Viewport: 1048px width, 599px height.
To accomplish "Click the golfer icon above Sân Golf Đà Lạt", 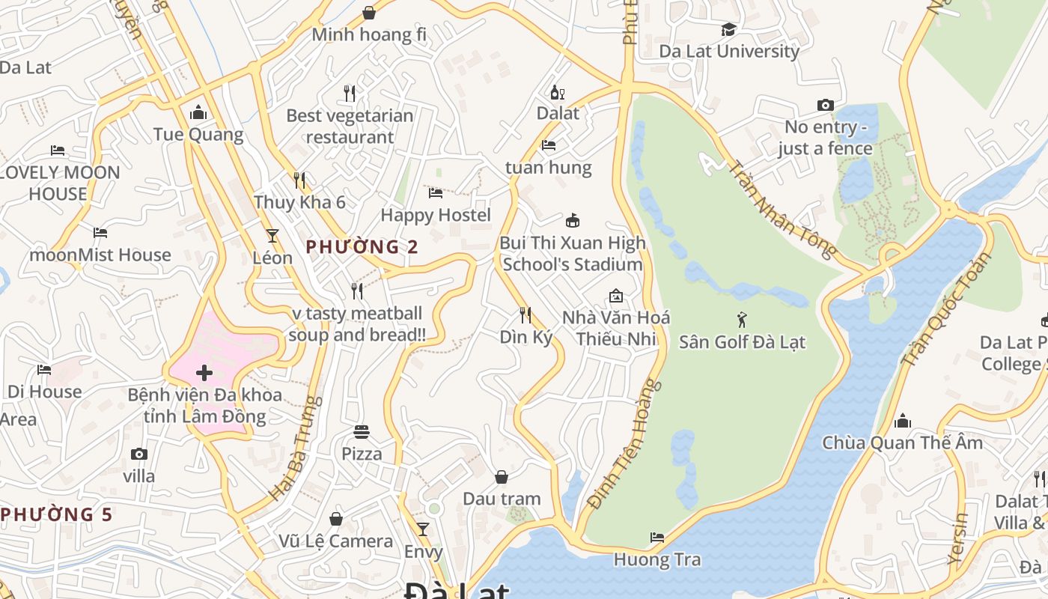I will pos(742,320).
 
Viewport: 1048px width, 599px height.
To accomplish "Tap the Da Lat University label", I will pos(729,51).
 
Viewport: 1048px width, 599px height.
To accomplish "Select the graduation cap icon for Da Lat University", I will pos(728,29).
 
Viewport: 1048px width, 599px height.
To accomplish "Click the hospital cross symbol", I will pos(204,373).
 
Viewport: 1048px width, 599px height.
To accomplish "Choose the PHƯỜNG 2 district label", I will pos(362,246).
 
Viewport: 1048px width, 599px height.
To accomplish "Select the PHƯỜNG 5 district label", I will pos(57,514).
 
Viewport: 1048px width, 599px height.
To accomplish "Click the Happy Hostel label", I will pos(436,215).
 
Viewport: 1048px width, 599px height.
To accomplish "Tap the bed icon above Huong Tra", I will pos(657,538).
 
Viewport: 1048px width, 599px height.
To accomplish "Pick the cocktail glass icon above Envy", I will pos(423,529).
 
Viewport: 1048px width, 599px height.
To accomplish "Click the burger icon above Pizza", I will pos(362,431).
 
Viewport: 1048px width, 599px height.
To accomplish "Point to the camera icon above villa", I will pos(138,454).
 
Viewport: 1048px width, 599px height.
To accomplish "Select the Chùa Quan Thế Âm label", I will pos(902,443).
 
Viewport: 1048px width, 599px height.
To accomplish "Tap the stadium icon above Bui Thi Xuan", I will pos(573,220).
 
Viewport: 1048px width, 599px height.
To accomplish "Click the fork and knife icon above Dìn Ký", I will pos(525,314).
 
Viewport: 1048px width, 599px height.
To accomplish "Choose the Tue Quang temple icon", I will pos(198,112).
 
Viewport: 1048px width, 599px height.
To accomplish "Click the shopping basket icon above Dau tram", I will pos(502,477).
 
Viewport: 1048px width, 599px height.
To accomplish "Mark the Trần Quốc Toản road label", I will pos(945,308).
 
